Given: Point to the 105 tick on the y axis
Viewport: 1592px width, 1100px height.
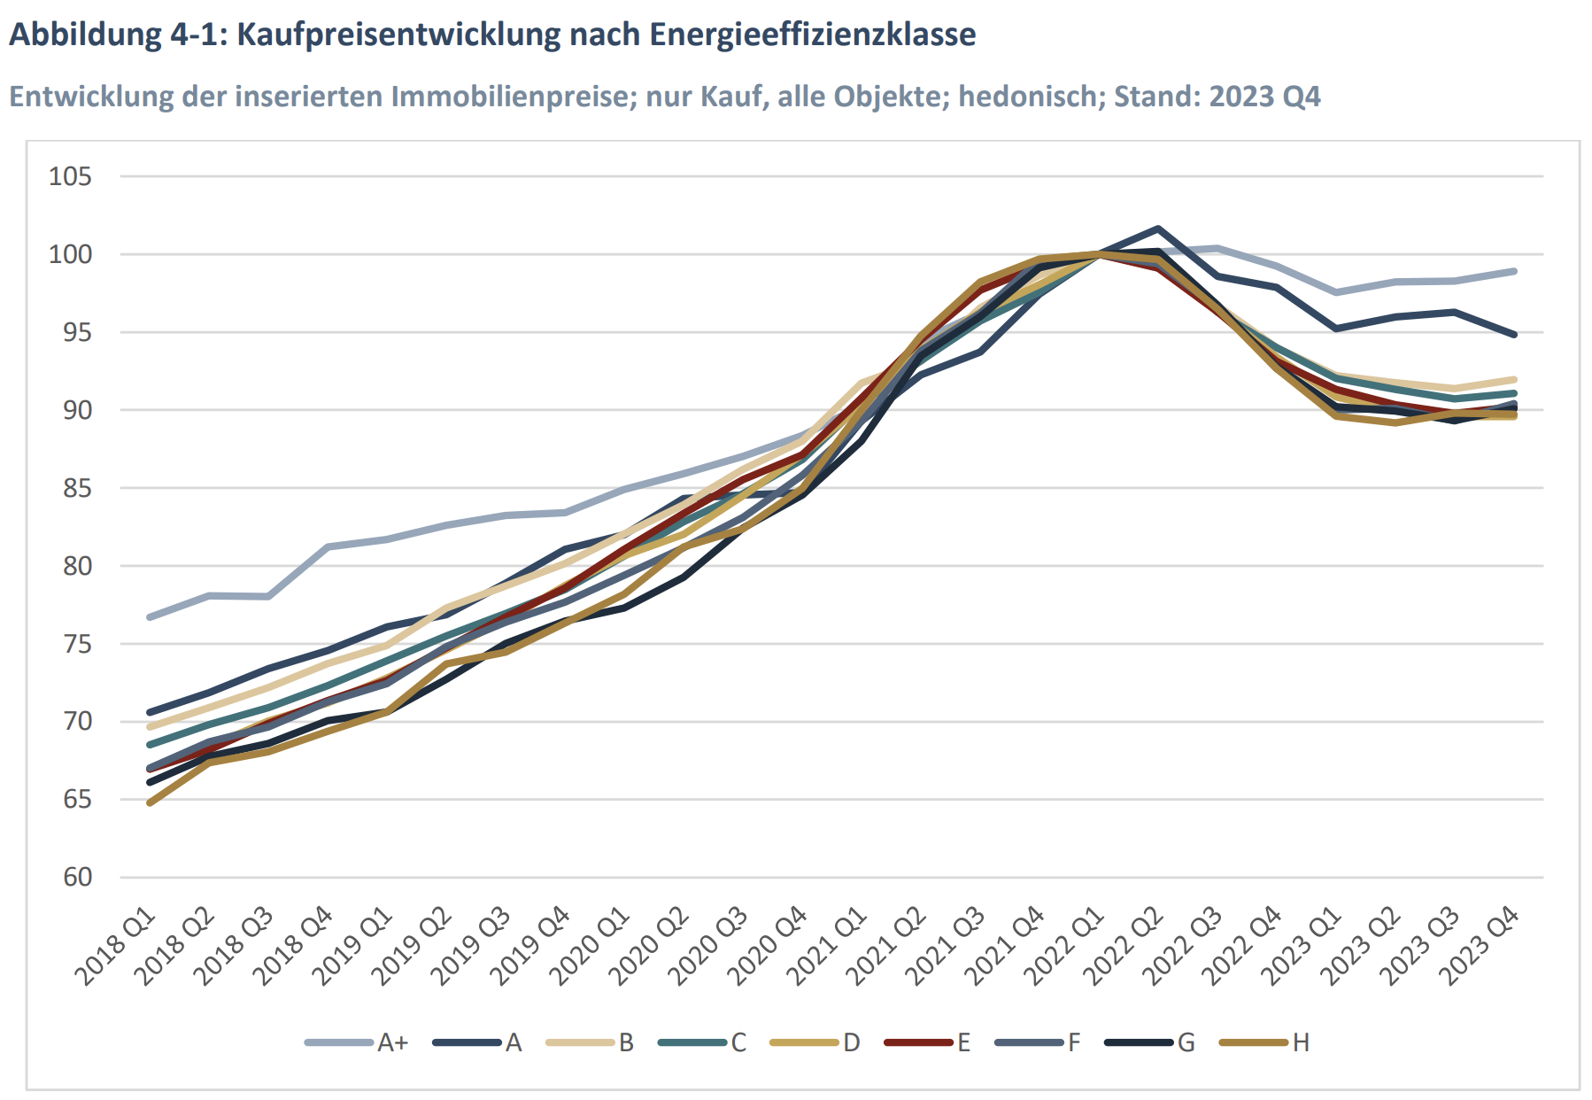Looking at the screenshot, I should click(x=70, y=176).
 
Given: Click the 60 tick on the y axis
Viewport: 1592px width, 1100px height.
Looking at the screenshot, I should click(x=77, y=877).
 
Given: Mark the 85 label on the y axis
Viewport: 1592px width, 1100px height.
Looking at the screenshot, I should click(x=77, y=488).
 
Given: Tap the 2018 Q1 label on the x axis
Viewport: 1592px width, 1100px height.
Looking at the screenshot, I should click(x=116, y=946).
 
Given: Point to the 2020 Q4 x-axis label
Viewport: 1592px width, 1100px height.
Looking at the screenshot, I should click(x=769, y=946).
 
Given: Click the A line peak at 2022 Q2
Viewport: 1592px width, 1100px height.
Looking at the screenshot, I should click(x=1157, y=229).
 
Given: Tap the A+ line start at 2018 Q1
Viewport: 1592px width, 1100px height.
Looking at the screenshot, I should click(x=150, y=616).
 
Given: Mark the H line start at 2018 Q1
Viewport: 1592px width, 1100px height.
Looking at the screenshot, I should click(x=150, y=802).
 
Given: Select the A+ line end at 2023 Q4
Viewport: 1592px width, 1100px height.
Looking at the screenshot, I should click(x=1514, y=271).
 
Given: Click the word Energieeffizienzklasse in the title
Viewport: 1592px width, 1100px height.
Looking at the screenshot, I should click(x=812, y=35).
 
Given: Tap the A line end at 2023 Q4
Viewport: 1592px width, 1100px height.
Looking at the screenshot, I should click(x=1514, y=335).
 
